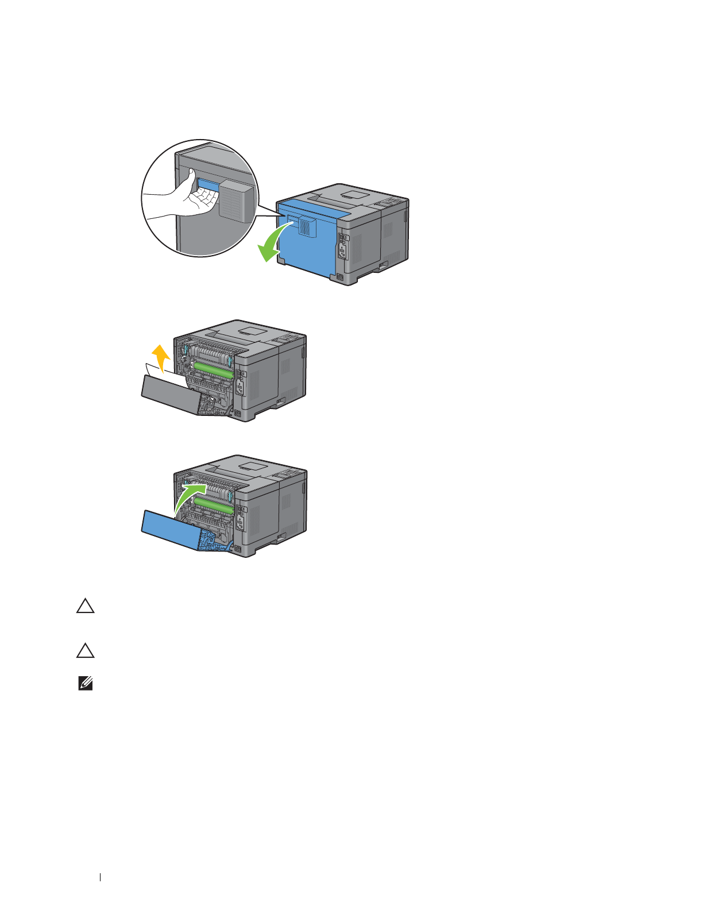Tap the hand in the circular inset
tap(184, 198)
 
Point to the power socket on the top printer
tap(343, 250)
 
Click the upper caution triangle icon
tap(86, 607)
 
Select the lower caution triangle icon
tap(86, 651)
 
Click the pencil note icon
tap(86, 684)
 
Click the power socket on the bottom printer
tap(241, 523)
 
